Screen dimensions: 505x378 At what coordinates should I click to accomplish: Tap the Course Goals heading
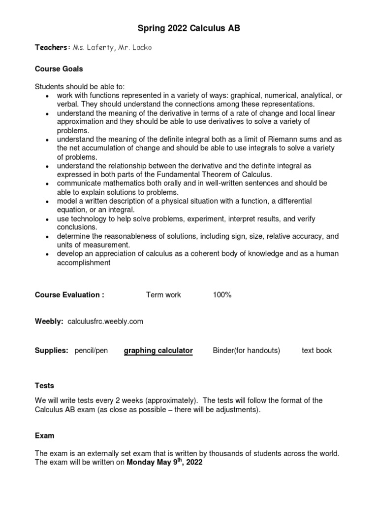pos(59,69)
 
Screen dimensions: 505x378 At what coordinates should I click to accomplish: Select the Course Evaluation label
pos(69,295)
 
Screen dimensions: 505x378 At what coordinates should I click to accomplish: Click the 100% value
pos(222,295)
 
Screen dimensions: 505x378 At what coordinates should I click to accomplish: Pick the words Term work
pos(163,295)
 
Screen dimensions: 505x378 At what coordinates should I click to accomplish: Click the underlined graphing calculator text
pos(158,351)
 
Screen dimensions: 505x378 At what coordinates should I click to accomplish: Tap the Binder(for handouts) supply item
pos(246,351)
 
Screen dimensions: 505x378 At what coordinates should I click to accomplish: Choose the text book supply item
pos(316,351)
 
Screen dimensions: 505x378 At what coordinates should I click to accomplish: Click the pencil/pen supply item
pos(91,351)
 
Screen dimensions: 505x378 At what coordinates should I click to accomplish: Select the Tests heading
pos(44,385)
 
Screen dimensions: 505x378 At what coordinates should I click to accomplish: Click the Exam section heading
pos(44,436)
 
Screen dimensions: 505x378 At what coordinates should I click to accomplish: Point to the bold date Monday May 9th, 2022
pos(164,463)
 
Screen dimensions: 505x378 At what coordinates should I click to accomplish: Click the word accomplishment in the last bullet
pos(83,263)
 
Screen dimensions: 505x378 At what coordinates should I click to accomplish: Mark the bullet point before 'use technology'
pos(46,219)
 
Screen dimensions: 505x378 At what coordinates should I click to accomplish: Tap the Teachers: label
pos(52,47)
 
